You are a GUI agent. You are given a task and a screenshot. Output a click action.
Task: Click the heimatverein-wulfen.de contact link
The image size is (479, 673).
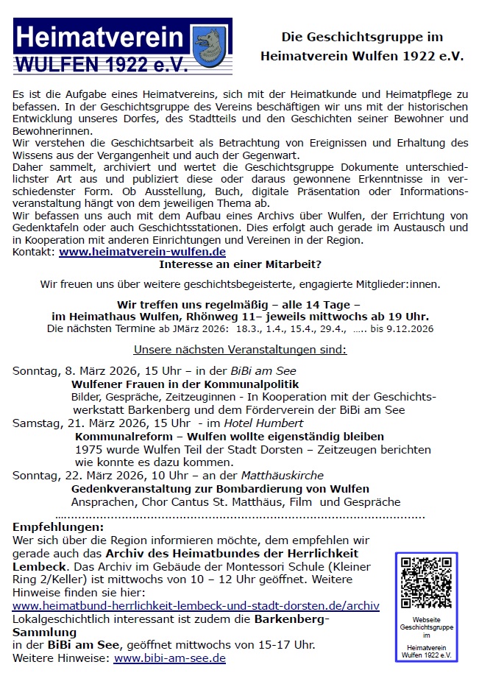click(142, 252)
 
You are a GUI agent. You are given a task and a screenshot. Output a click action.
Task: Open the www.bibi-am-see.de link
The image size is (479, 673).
click(169, 658)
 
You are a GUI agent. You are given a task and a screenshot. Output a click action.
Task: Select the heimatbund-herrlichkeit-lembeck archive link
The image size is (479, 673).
click(196, 606)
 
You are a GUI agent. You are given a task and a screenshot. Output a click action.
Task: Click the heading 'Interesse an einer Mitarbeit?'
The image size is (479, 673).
click(240, 264)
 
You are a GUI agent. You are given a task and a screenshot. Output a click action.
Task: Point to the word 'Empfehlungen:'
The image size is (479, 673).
click(58, 527)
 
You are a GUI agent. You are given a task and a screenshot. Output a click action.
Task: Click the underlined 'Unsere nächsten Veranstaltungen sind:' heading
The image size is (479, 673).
click(240, 349)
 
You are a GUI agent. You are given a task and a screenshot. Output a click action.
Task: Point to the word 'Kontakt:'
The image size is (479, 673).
click(34, 252)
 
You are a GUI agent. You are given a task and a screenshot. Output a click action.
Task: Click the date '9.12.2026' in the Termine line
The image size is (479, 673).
click(414, 328)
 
